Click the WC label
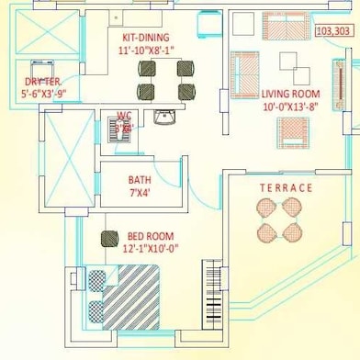coord(124,116)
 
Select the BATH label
coord(141,181)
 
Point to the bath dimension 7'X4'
coord(141,194)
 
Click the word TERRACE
coord(286,188)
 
